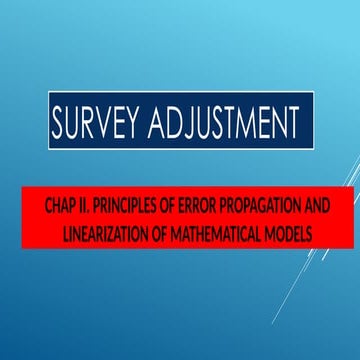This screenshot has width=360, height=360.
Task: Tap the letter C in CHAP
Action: [49, 206]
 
